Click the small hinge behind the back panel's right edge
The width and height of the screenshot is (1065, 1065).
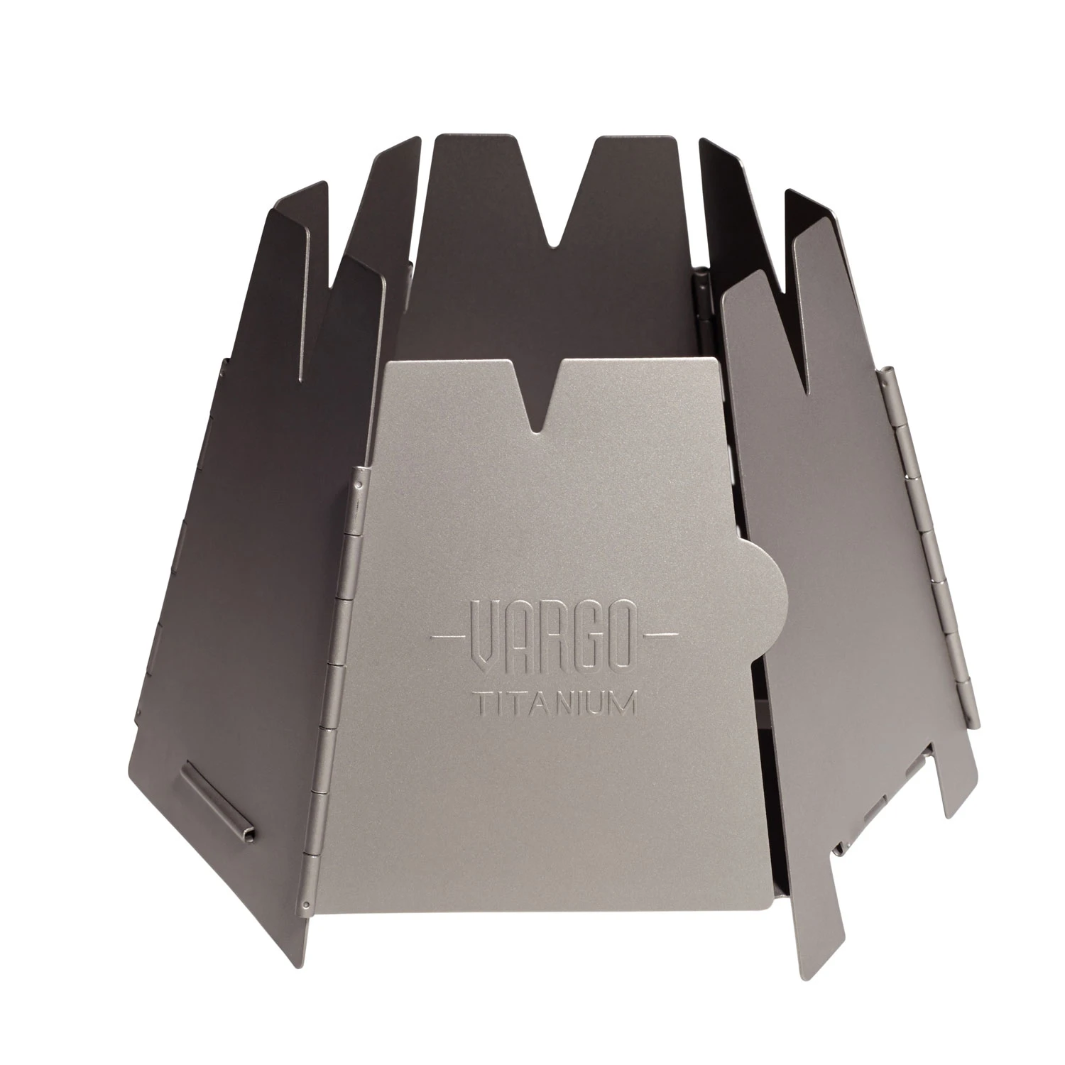[x=703, y=298]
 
